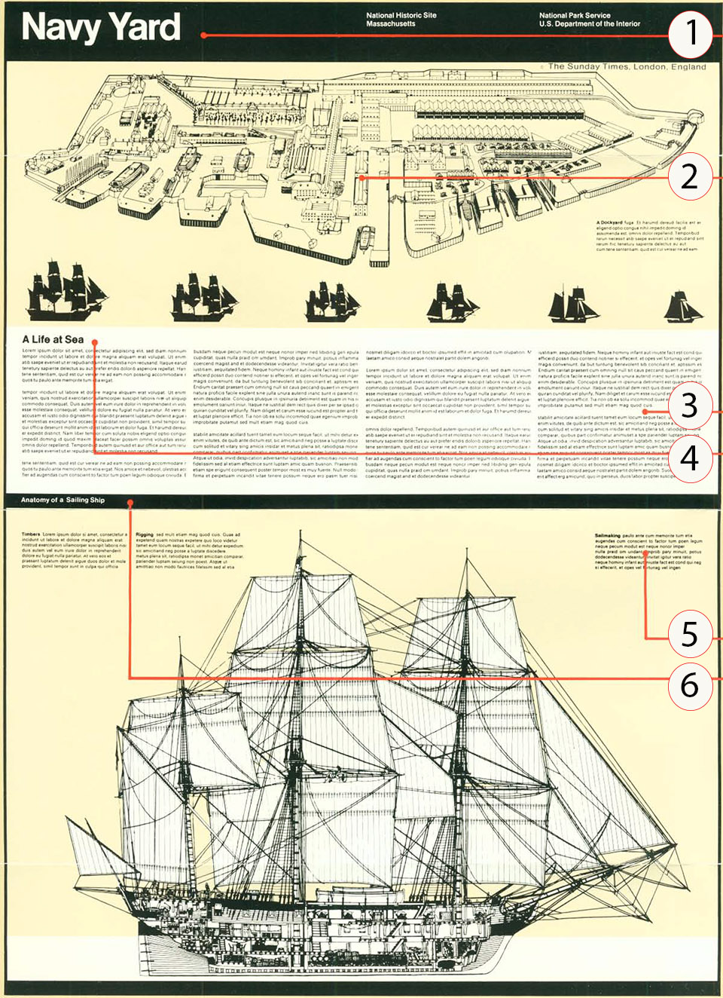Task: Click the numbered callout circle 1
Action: coord(690,34)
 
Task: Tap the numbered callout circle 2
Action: coord(690,176)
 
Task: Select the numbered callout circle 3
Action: coord(690,406)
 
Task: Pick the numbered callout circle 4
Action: coord(690,458)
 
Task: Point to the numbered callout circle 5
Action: coord(690,634)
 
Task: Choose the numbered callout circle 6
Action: coord(690,684)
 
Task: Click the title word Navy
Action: coord(61,27)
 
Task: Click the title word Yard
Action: coord(148,27)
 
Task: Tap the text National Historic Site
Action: coord(401,15)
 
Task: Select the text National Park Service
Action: coord(575,15)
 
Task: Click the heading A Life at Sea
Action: coord(53,339)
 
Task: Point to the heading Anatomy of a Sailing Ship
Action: coord(63,500)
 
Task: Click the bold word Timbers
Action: coord(31,534)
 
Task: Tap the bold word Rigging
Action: coord(145,534)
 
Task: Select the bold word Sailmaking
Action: coord(608,536)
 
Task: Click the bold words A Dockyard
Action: coord(609,223)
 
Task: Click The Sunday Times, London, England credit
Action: coord(627,66)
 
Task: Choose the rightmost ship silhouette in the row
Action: coord(682,305)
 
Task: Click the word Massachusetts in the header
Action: coord(390,24)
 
